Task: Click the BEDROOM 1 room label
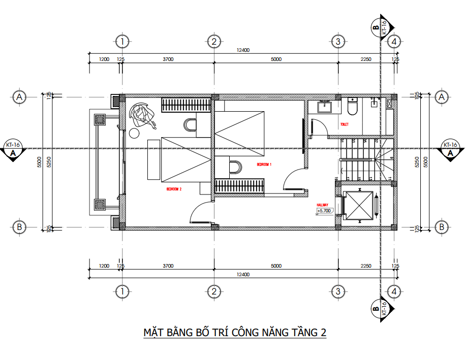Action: (264, 165)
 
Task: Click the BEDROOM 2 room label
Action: (174, 189)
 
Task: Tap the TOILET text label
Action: (345, 124)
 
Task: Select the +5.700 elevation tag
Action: (324, 211)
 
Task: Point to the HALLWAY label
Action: (323, 205)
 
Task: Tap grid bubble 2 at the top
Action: (214, 41)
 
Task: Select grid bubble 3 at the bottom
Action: (337, 291)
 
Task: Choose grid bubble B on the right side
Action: (442, 227)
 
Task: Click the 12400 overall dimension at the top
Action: (243, 50)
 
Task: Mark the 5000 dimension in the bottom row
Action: (276, 266)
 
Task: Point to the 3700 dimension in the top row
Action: (168, 59)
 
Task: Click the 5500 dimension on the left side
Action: (39, 161)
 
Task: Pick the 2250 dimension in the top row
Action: (366, 59)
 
